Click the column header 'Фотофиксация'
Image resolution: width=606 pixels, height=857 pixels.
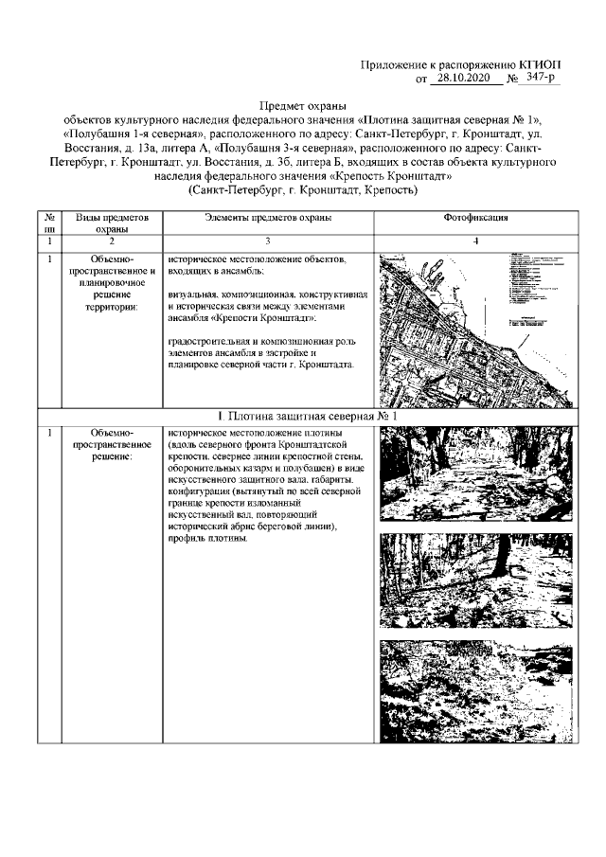pos(476,217)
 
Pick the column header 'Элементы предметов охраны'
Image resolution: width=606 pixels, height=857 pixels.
pos(268,217)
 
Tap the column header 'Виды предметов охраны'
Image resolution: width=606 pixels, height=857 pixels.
pos(112,223)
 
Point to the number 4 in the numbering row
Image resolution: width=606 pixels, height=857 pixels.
pos(476,242)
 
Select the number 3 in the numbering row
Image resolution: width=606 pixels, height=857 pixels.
pos(268,242)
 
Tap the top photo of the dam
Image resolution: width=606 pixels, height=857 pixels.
pos(476,475)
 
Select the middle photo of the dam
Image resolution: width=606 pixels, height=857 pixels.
pos(476,579)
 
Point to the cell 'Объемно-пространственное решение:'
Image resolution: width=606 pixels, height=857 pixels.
pos(112,445)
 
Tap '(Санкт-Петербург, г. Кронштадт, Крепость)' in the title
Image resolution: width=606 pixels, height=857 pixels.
pos(303,189)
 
